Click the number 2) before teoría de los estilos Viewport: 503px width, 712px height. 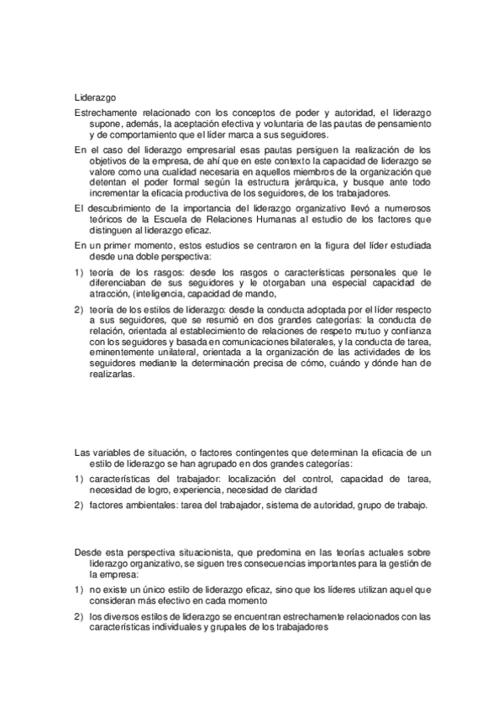pyautogui.click(x=78, y=309)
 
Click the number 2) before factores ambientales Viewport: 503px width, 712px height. pyautogui.click(x=78, y=505)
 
